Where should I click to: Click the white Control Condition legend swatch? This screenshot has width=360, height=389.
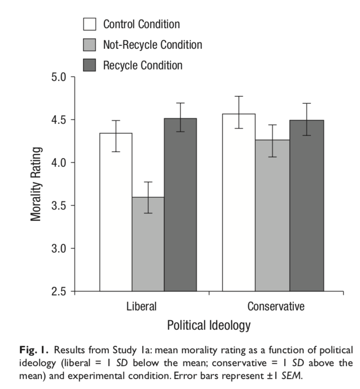[x=89, y=24]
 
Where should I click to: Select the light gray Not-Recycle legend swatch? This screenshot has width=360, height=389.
[x=89, y=45]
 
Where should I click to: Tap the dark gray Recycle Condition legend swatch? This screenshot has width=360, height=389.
[x=89, y=65]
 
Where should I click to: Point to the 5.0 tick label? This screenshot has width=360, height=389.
[x=59, y=78]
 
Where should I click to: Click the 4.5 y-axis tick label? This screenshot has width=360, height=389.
[x=59, y=120]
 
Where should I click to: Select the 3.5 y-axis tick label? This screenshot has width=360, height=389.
[x=59, y=206]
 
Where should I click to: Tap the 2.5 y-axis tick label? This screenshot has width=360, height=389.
[x=59, y=292]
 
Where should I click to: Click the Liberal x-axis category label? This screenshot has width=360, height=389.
[x=141, y=307]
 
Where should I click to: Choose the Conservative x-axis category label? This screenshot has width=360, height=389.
[x=276, y=307]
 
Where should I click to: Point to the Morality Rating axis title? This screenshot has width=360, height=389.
[x=37, y=184]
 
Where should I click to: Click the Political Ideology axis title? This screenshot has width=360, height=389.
[x=209, y=325]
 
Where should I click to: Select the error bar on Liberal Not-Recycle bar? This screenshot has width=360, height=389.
[x=148, y=197]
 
